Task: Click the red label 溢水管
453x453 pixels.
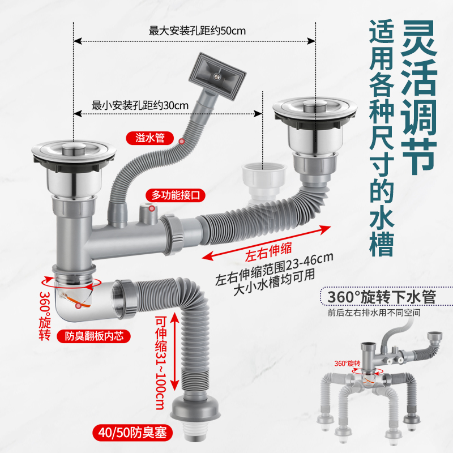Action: pos(150,137)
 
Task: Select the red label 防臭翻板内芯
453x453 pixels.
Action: pos(94,336)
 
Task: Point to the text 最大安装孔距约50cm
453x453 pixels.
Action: pos(197,31)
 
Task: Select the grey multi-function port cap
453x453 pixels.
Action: pos(148,214)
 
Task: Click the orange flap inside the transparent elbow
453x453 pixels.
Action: pos(79,302)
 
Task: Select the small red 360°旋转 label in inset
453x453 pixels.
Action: pos(347,363)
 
